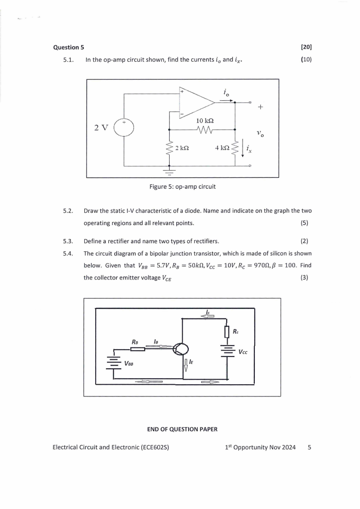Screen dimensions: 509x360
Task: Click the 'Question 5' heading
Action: [68, 47]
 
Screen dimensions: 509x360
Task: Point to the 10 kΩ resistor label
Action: [205, 121]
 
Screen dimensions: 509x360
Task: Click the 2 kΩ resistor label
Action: [181, 148]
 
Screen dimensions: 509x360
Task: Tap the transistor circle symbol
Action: [181, 349]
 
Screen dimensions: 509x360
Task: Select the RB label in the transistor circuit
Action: [135, 341]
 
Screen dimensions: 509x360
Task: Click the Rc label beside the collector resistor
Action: [236, 332]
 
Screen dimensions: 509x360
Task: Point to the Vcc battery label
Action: [243, 352]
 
